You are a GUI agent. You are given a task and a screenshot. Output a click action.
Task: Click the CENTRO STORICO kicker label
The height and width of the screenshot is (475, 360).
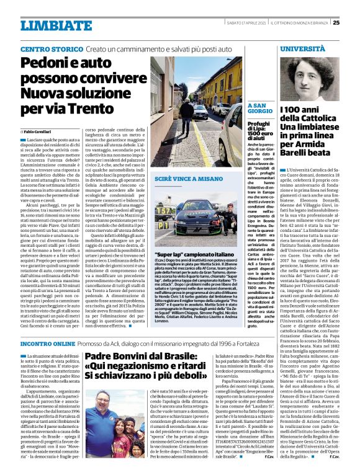pyautogui.click(x=52, y=48)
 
